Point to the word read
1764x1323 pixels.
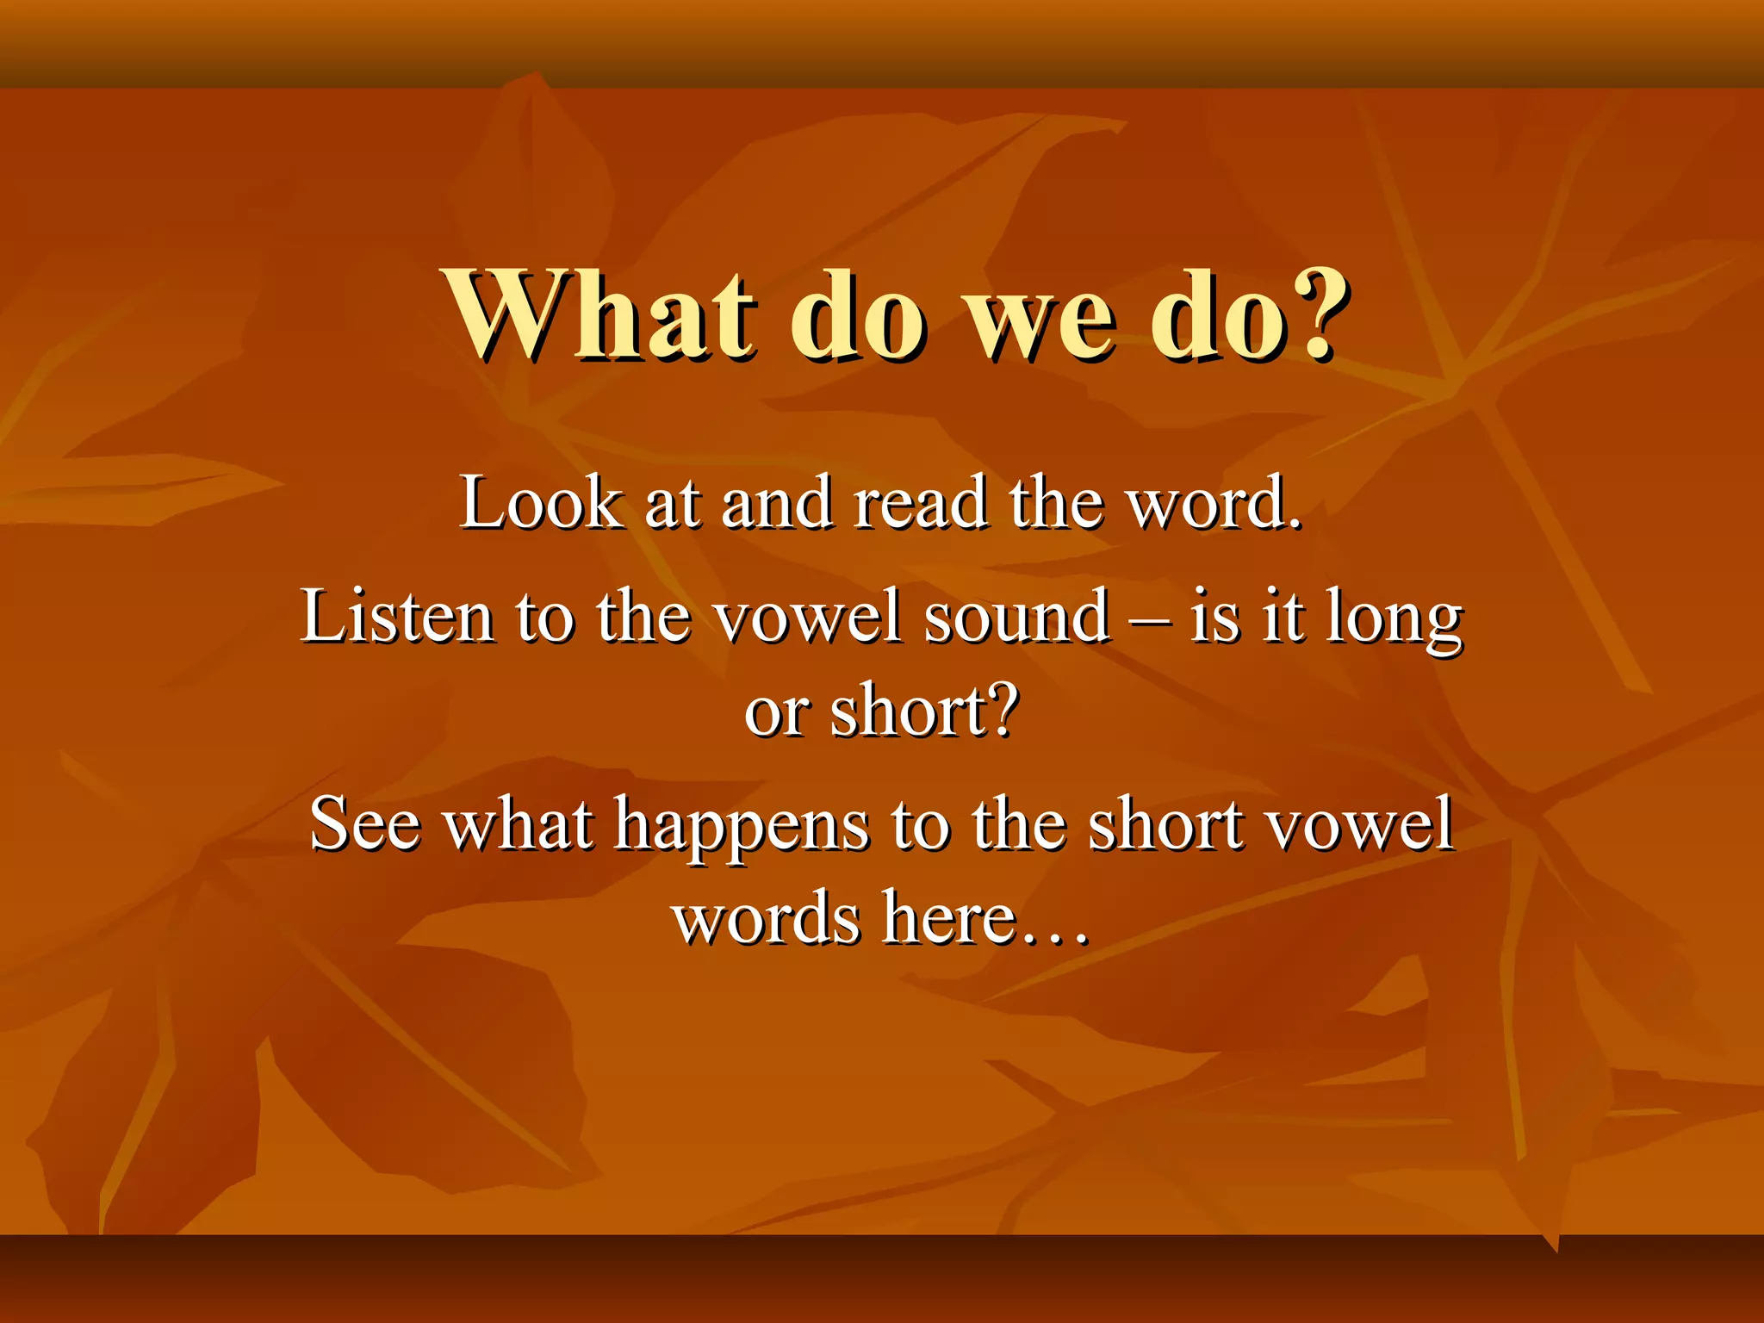tap(920, 503)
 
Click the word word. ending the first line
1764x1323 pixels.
tap(1214, 503)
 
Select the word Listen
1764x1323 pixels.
tap(397, 617)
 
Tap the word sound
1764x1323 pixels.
tap(1016, 617)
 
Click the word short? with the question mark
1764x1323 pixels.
tap(924, 711)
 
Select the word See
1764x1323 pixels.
tap(365, 824)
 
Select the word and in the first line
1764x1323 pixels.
tap(776, 503)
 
